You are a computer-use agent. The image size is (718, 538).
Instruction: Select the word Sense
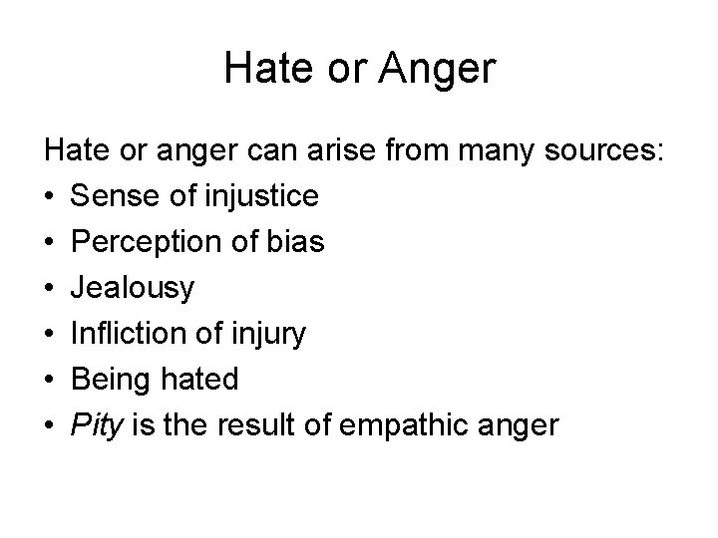click(113, 196)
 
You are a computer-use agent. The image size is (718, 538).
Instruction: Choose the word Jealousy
click(133, 289)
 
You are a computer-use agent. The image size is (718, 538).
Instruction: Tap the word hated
click(199, 380)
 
